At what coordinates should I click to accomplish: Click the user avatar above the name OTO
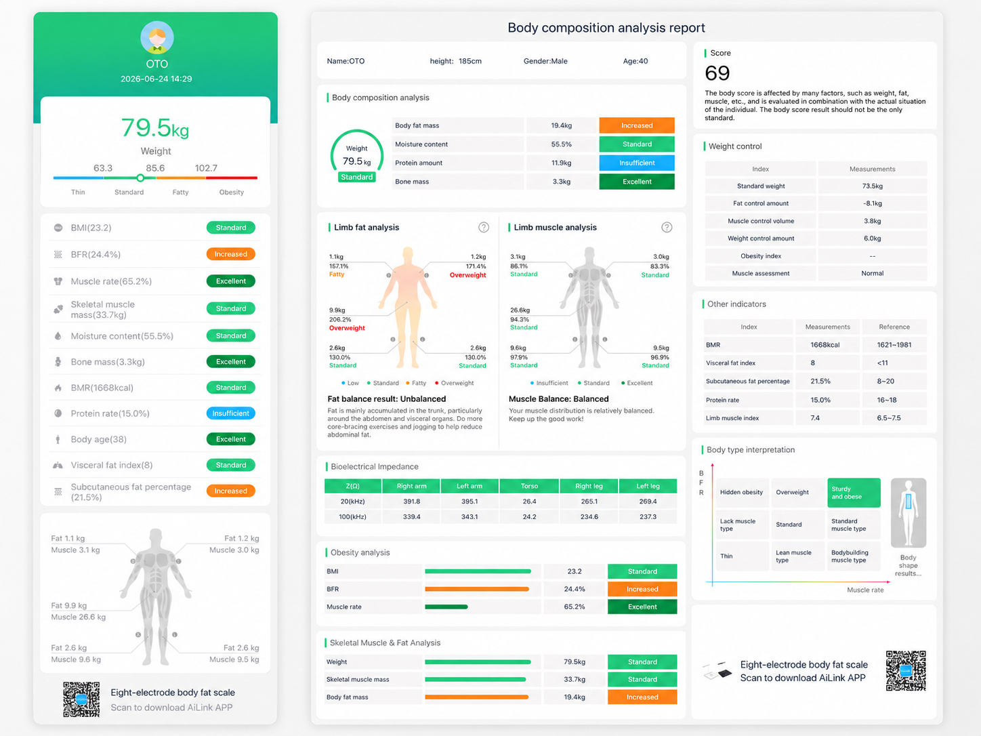[x=157, y=37]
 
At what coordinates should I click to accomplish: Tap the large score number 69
[x=717, y=73]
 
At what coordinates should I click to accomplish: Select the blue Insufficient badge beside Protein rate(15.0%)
[x=230, y=413]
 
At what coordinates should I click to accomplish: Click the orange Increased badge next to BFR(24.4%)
[x=230, y=254]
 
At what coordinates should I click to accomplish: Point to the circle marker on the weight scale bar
[x=140, y=178]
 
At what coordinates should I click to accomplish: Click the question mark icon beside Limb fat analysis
[x=484, y=228]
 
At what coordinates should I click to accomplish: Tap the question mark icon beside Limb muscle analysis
[x=667, y=228]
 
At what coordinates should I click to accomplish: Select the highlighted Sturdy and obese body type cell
[x=854, y=493]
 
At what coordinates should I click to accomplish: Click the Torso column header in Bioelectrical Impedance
[x=529, y=486]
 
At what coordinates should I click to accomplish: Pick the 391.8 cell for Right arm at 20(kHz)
[x=411, y=502]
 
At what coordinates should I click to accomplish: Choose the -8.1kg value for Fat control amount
[x=872, y=203]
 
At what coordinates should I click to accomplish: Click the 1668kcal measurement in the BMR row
[x=825, y=345]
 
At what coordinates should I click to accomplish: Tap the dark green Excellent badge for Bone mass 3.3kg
[x=636, y=182]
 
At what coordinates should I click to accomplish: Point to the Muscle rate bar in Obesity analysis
[x=446, y=607]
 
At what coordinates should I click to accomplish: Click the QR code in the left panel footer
[x=81, y=699]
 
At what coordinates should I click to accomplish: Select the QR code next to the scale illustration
[x=906, y=670]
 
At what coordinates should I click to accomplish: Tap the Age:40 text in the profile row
[x=635, y=61]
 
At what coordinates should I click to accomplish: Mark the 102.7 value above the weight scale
[x=206, y=168]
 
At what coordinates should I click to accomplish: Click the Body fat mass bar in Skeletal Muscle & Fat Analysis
[x=477, y=697]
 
